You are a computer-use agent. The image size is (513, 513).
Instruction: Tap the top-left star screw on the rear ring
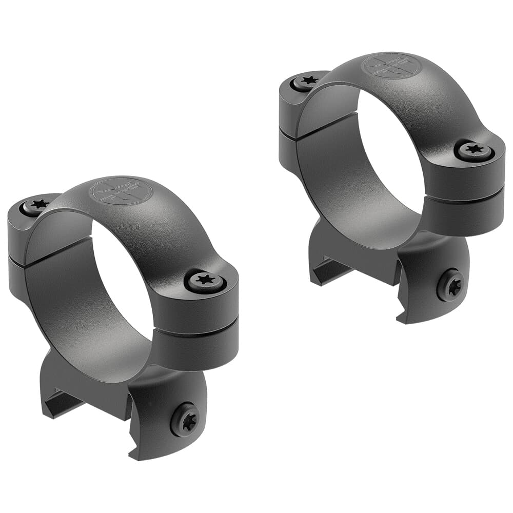click(x=308, y=81)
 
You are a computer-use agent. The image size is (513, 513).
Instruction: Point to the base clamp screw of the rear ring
click(x=451, y=285)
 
